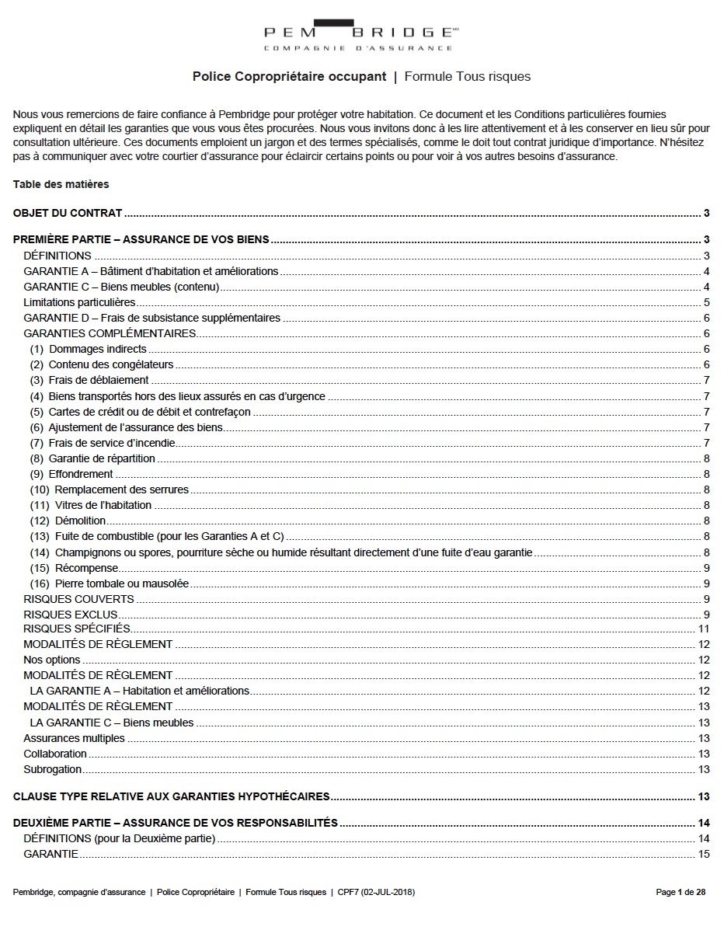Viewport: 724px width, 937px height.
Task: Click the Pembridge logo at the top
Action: (x=361, y=35)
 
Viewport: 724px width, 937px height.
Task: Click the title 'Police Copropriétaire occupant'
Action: (x=289, y=76)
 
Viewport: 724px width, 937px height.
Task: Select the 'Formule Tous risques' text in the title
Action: (x=468, y=76)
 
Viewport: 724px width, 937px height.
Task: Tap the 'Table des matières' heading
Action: (x=61, y=184)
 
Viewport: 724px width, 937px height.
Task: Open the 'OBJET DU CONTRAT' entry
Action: (x=68, y=213)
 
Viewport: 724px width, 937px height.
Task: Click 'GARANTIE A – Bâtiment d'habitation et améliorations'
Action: (x=151, y=271)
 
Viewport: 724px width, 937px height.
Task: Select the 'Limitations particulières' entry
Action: (x=79, y=302)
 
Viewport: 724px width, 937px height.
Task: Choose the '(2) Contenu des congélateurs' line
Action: (x=102, y=364)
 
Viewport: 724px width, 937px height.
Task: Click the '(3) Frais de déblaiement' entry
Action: (x=89, y=380)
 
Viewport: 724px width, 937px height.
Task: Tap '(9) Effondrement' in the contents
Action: (x=71, y=474)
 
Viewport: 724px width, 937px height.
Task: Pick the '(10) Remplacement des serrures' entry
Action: (x=110, y=489)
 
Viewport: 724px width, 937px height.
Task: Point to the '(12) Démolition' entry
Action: (x=68, y=521)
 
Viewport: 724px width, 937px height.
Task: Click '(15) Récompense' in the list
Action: (x=75, y=568)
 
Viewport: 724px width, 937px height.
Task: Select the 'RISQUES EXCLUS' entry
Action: (x=71, y=615)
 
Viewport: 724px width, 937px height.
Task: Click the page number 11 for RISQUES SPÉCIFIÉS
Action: (x=704, y=629)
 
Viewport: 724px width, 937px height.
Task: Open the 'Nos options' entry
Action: (x=52, y=660)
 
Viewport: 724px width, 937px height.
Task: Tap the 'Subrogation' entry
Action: (x=53, y=769)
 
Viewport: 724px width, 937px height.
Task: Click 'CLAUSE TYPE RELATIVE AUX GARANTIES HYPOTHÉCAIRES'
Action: (x=172, y=796)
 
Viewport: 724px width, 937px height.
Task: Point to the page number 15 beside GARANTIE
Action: (x=704, y=854)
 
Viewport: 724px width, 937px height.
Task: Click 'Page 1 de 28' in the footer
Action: (x=680, y=892)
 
